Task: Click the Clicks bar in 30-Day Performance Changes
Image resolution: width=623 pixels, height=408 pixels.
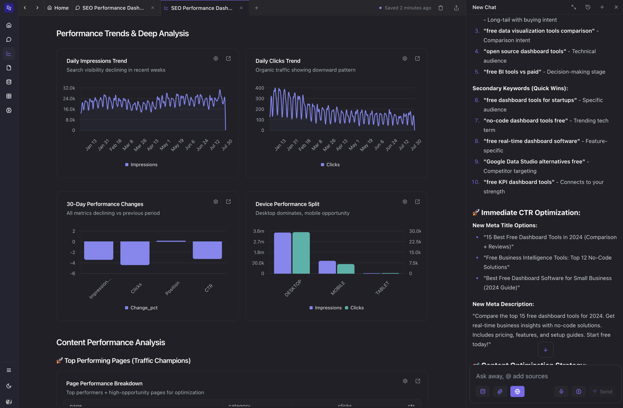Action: [135, 253]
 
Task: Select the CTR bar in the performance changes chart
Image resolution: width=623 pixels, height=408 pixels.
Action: [207, 250]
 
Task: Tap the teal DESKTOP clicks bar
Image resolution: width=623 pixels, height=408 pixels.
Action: [301, 253]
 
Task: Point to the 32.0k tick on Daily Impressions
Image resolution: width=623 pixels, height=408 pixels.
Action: [69, 88]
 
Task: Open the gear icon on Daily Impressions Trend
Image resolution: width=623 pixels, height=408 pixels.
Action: [216, 58]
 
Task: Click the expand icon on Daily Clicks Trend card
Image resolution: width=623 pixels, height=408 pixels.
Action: [417, 58]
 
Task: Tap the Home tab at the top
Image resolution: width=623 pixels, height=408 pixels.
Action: [58, 8]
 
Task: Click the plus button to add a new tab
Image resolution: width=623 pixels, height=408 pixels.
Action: [257, 8]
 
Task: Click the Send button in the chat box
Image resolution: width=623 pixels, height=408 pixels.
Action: [602, 391]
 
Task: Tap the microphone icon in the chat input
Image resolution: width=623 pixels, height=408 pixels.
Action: [561, 391]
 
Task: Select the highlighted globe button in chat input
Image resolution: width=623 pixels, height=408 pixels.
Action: [517, 391]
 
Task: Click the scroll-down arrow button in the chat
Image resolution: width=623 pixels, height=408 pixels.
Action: [546, 350]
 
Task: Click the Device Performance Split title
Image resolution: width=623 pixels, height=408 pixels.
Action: [287, 204]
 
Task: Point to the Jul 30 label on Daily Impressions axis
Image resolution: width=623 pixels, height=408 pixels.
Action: [227, 145]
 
